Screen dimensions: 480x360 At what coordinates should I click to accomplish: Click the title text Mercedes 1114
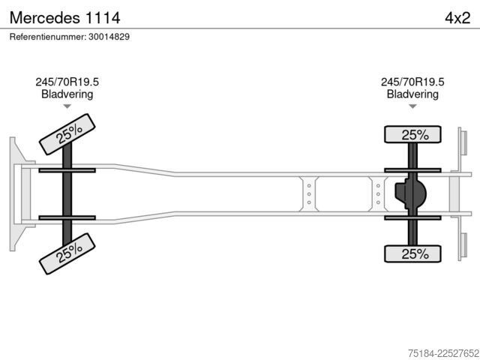65,18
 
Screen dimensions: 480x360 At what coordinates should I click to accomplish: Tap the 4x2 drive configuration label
457,18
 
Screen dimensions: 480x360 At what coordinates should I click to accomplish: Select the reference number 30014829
109,37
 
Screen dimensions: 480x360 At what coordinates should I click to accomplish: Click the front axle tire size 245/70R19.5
67,82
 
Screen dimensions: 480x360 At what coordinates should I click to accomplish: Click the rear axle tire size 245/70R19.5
412,82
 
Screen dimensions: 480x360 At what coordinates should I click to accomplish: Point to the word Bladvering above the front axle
67,94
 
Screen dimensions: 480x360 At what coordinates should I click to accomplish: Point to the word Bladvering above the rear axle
412,94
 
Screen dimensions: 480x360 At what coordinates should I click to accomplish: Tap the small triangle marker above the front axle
67,106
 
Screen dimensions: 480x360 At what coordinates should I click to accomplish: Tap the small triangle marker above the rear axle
412,106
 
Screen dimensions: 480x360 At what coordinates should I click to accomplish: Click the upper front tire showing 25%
67,134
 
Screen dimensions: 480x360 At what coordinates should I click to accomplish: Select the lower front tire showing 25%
67,253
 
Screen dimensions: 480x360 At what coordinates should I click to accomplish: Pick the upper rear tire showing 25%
412,134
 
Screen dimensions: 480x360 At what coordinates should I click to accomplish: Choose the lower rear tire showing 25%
412,253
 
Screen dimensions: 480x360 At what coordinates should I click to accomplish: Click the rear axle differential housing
410,193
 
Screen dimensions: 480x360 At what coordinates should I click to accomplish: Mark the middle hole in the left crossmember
309,194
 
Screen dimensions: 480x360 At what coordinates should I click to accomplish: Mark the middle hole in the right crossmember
378,194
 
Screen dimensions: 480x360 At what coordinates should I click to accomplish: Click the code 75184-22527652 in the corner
443,353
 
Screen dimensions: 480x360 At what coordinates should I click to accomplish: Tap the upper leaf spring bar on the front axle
67,170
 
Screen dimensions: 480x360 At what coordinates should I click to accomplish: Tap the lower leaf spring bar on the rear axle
412,218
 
